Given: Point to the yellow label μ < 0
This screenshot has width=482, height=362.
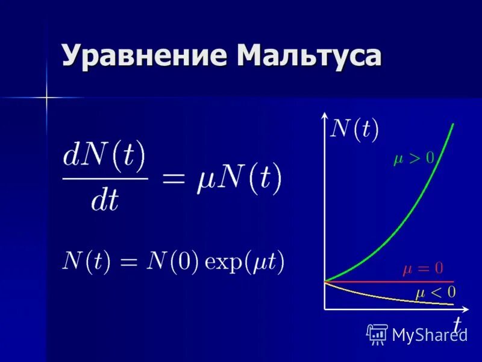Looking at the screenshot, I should point(435,293).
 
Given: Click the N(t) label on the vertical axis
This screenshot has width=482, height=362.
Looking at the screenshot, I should point(355,130).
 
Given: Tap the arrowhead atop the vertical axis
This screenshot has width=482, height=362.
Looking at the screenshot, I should point(325,115).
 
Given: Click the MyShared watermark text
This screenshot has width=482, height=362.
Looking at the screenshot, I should point(429,335).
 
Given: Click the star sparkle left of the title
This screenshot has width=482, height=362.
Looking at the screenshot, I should point(45,97).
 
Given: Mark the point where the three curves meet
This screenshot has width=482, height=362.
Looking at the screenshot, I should point(325,281).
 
